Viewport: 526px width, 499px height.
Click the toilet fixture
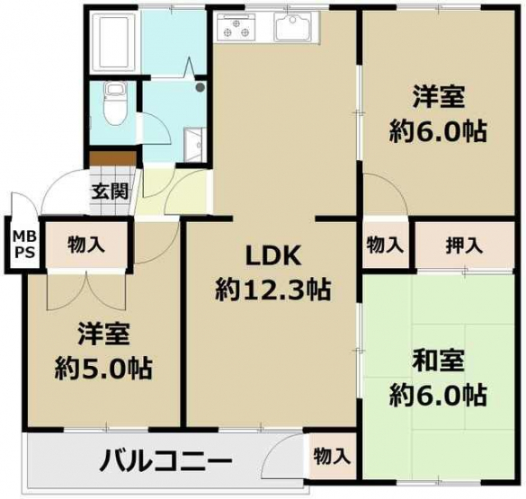114,103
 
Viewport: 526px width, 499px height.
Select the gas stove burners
236,28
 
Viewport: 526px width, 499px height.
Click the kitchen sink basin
293,28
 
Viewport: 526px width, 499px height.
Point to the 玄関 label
111,192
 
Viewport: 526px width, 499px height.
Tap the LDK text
272,256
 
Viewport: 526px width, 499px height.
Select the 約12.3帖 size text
273,290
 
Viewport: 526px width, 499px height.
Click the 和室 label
439,361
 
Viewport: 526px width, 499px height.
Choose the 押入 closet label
465,245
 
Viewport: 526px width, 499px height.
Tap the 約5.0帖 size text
103,369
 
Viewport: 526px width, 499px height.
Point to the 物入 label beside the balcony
333,457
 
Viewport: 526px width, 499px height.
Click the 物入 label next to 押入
385,245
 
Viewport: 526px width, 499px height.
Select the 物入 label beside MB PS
86,245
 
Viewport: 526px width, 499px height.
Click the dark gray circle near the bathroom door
201,87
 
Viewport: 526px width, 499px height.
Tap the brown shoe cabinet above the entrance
112,158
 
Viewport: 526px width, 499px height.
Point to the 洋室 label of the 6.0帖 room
439,97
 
